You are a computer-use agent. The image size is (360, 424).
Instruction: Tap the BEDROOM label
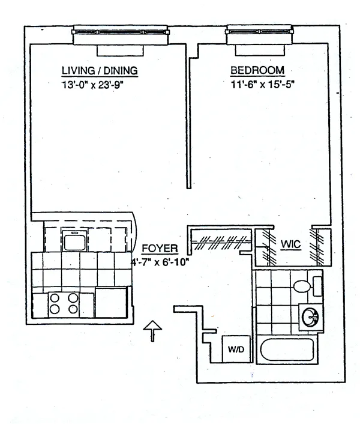tap(257, 70)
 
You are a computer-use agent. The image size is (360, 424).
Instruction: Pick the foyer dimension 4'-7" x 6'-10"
tap(158, 262)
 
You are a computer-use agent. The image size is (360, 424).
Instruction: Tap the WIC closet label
tap(290, 245)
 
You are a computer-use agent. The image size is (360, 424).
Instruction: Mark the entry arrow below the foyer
tap(154, 330)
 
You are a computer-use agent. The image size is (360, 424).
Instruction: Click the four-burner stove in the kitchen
tap(63, 303)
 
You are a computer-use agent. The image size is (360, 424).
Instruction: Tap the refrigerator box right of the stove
tap(111, 303)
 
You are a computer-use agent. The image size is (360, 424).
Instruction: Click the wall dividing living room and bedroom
tap(190, 120)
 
